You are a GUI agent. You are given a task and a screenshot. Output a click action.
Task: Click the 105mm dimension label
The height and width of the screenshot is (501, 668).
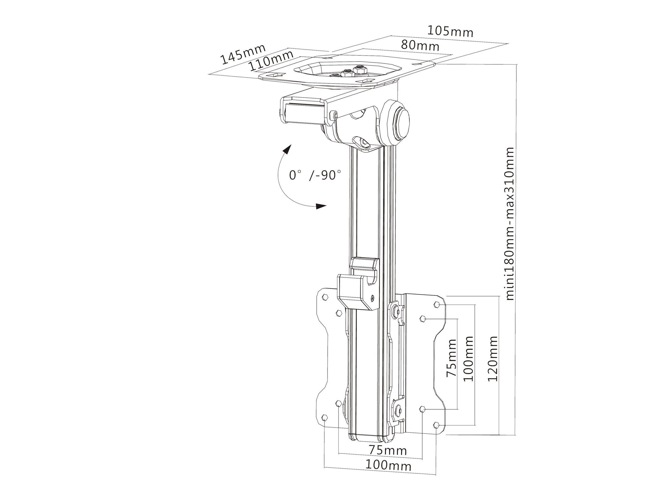tap(450, 32)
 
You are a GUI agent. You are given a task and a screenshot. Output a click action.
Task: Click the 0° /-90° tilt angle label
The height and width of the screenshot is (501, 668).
tap(315, 175)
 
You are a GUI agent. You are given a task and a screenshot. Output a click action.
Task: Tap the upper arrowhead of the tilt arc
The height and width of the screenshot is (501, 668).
tap(287, 149)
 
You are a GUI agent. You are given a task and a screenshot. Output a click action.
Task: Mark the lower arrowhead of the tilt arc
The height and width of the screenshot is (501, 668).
tap(321, 206)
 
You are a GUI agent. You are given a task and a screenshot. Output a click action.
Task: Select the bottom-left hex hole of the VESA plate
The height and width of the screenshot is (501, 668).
tap(325, 418)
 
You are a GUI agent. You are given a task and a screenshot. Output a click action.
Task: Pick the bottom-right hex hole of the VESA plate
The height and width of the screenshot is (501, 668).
tap(436, 425)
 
